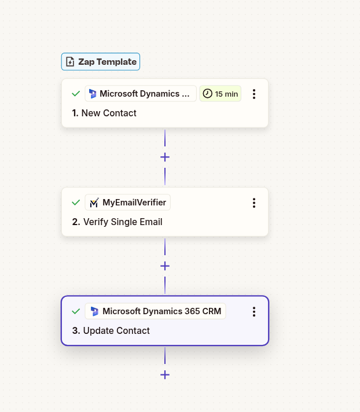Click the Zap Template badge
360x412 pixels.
point(101,62)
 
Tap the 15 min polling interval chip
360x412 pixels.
point(220,94)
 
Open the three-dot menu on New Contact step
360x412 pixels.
point(254,94)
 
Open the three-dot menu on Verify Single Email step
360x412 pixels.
point(254,203)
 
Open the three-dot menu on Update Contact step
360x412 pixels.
point(254,311)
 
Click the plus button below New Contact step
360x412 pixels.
point(165,157)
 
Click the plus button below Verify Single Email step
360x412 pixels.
point(165,266)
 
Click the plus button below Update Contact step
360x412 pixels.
point(165,374)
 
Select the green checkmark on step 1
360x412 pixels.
point(76,94)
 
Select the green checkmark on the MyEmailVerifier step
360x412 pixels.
point(76,203)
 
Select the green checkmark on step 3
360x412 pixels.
point(76,311)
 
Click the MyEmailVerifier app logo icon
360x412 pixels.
point(94,203)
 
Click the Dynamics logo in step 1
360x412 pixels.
point(93,94)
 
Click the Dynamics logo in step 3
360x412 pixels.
point(94,311)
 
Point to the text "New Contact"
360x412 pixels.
point(109,113)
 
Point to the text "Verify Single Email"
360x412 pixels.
point(123,222)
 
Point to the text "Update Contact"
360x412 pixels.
point(116,330)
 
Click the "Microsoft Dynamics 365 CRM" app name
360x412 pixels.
point(161,311)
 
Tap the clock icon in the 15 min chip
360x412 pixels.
point(207,94)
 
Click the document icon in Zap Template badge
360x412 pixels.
point(70,62)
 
